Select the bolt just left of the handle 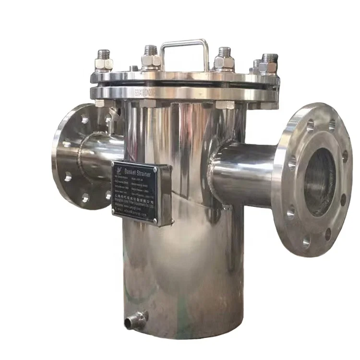point(150,58)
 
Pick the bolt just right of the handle point(224,59)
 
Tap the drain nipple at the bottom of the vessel point(134,319)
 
